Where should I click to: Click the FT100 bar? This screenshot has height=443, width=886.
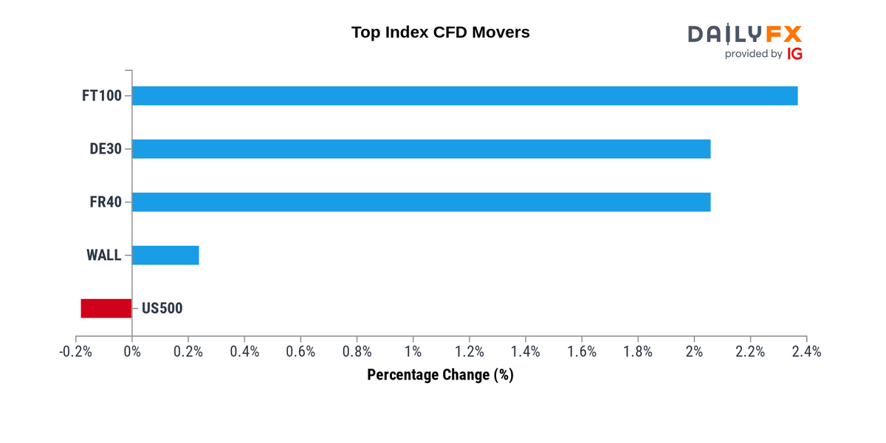[464, 96]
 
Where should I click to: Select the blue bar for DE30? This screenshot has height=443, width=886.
[421, 149]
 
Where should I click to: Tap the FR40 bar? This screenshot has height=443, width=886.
[421, 202]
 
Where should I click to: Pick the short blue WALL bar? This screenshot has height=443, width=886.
[165, 255]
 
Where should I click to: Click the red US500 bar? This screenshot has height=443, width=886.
[106, 309]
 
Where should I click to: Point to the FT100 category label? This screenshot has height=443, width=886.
[102, 96]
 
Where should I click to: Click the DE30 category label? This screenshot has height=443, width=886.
[106, 149]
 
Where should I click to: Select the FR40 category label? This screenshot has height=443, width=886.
[106, 202]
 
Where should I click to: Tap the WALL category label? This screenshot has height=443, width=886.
[104, 255]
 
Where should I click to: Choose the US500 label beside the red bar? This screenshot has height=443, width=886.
[162, 309]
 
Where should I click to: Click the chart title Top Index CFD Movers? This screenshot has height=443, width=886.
[441, 32]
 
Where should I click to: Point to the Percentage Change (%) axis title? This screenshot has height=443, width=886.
[440, 375]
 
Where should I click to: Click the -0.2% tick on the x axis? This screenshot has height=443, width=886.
[75, 351]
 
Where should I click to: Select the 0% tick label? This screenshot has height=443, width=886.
[132, 351]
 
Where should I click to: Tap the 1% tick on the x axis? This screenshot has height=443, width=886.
[413, 351]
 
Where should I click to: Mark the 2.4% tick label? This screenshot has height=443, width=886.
[806, 351]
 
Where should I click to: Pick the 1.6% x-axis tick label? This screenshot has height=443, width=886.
[582, 351]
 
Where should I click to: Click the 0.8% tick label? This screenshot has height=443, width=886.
[357, 351]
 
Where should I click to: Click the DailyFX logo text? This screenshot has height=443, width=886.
[744, 34]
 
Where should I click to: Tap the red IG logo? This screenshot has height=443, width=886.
[795, 54]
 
